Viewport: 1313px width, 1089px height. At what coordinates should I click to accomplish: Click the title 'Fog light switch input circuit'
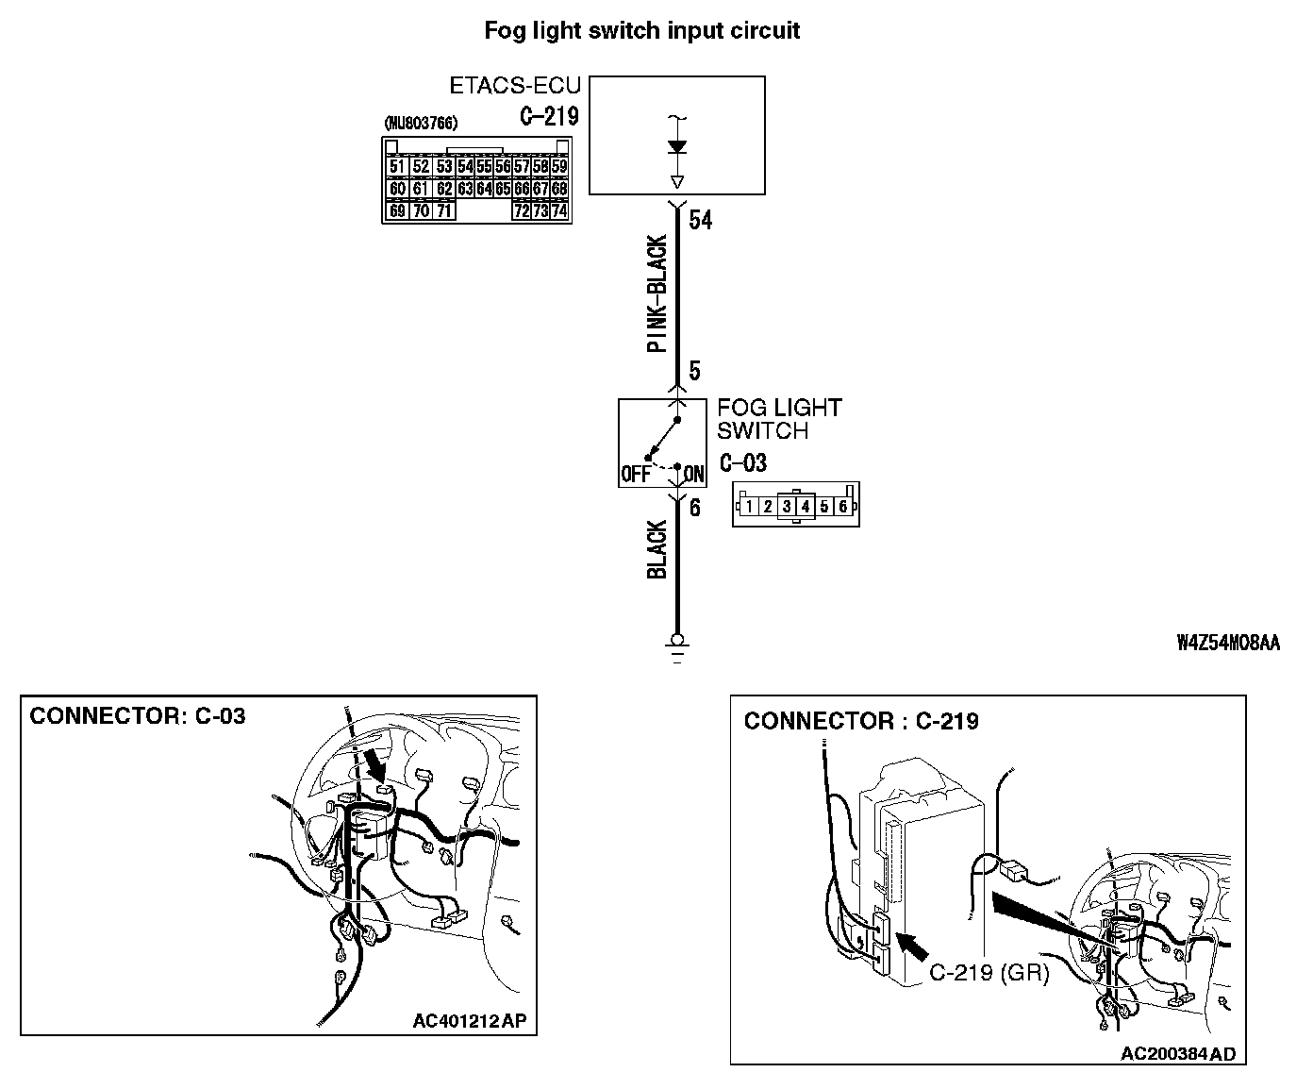click(641, 30)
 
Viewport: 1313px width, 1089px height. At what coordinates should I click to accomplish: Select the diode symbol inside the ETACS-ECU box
click(676, 148)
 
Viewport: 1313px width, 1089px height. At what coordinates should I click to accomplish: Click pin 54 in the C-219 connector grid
click(464, 167)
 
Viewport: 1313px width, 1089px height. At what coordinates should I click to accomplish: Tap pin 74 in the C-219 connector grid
click(559, 210)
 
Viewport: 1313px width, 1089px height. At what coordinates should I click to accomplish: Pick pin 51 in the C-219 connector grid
click(397, 167)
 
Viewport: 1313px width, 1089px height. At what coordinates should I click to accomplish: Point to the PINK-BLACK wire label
click(656, 293)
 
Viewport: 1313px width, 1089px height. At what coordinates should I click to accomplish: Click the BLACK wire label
click(656, 549)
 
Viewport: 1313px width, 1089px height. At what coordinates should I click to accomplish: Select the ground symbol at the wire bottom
click(676, 646)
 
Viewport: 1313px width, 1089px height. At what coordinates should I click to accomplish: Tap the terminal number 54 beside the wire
click(701, 221)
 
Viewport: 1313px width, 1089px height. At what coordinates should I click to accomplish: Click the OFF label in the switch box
click(636, 474)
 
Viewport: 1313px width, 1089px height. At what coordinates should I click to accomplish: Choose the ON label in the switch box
click(694, 474)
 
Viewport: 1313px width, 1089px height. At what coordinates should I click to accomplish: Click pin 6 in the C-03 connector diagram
click(842, 507)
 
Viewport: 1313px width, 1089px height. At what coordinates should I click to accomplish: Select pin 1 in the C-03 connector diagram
click(748, 507)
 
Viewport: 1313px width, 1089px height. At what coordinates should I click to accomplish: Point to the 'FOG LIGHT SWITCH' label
click(778, 419)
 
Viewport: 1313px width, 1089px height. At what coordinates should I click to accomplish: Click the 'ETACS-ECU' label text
click(514, 86)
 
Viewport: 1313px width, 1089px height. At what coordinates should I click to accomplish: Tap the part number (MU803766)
click(422, 124)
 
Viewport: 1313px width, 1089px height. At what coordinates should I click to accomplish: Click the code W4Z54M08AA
click(1228, 644)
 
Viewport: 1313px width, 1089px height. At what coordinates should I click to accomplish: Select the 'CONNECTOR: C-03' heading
click(138, 716)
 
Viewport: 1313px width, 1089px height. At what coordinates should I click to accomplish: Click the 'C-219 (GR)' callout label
click(989, 974)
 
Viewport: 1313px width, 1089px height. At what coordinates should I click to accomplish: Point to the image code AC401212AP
click(469, 1020)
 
